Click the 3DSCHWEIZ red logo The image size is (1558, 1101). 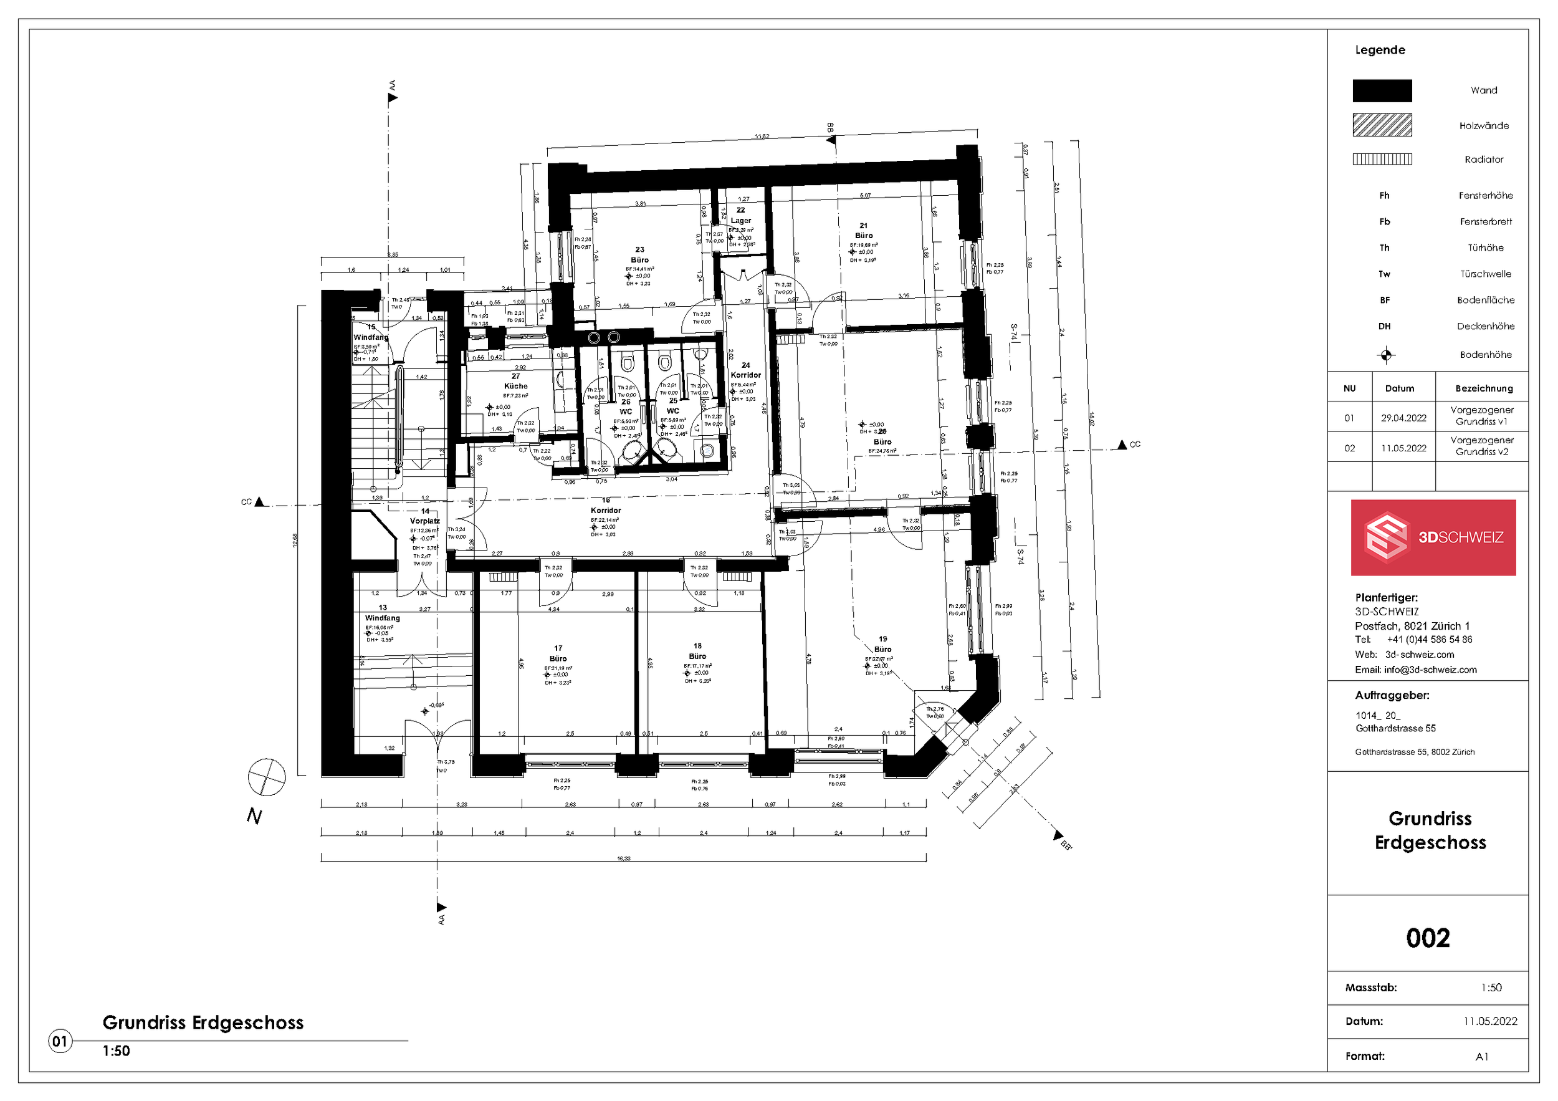pyautogui.click(x=1433, y=537)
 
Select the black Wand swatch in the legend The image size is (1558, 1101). pyautogui.click(x=1382, y=91)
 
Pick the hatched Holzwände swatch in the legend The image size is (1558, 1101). pyautogui.click(x=1382, y=125)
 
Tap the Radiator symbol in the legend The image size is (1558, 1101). pyautogui.click(x=1382, y=160)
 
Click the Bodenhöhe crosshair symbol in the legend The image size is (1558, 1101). pyautogui.click(x=1385, y=355)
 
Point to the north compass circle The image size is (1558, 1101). pyautogui.click(x=267, y=777)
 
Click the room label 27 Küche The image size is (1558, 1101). pyautogui.click(x=516, y=382)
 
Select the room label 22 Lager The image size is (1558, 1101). pyautogui.click(x=741, y=216)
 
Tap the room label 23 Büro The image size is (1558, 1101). pyautogui.click(x=639, y=255)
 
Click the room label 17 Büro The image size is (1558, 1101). pyautogui.click(x=558, y=653)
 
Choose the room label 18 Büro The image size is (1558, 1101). pyautogui.click(x=697, y=651)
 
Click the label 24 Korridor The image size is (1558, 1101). pyautogui.click(x=746, y=370)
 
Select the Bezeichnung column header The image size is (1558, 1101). pyautogui.click(x=1483, y=389)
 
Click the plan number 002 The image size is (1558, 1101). pyautogui.click(x=1428, y=938)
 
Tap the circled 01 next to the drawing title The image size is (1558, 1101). pyautogui.click(x=60, y=1041)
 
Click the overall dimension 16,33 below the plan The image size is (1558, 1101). pyautogui.click(x=623, y=858)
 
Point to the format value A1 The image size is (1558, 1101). pyautogui.click(x=1481, y=1057)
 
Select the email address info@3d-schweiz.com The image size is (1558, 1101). pyautogui.click(x=1430, y=670)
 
